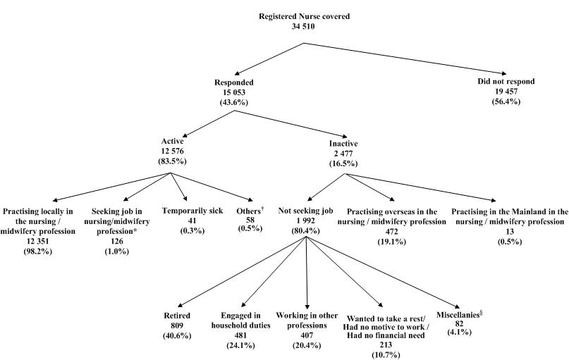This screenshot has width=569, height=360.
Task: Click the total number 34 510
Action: (303, 27)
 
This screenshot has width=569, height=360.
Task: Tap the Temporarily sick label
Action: (189, 211)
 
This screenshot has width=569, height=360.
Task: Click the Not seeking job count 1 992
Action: (304, 221)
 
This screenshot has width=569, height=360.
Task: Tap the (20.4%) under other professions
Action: (307, 346)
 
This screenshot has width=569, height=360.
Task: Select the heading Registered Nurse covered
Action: (303, 16)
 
